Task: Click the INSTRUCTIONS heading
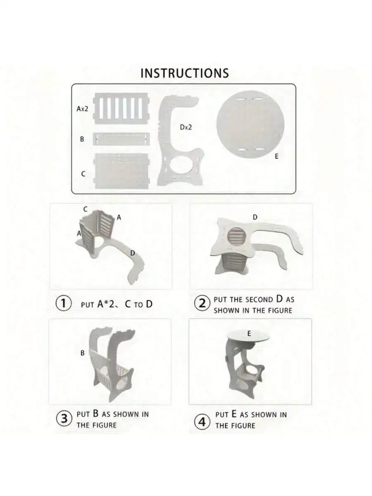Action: pyautogui.click(x=184, y=73)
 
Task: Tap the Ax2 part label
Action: pyautogui.click(x=82, y=109)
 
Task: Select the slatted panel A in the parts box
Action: pyautogui.click(x=121, y=108)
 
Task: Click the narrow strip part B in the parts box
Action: pyautogui.click(x=121, y=139)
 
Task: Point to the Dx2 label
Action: pyautogui.click(x=186, y=127)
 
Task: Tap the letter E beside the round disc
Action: pyautogui.click(x=277, y=157)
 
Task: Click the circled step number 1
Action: pyautogui.click(x=63, y=304)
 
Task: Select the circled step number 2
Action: pyautogui.click(x=202, y=304)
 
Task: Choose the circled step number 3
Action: pyautogui.click(x=63, y=419)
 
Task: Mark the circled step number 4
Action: pyautogui.click(x=202, y=422)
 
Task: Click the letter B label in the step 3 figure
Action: pyautogui.click(x=83, y=353)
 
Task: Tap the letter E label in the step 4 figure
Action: pyautogui.click(x=249, y=333)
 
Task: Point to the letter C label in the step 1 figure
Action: pyautogui.click(x=86, y=210)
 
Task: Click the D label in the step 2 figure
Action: pyautogui.click(x=255, y=217)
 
